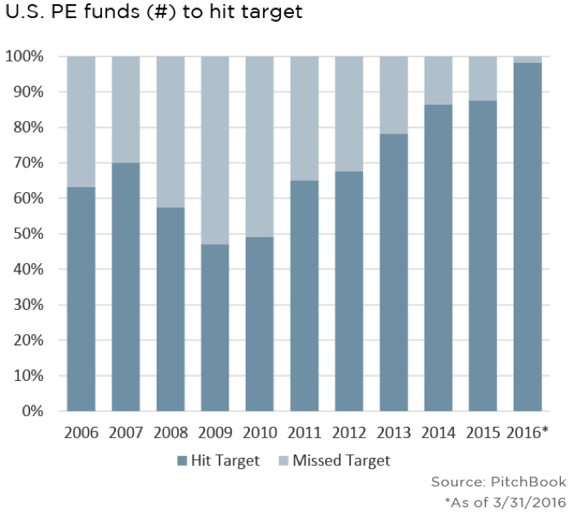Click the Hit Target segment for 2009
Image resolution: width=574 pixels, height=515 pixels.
click(216, 328)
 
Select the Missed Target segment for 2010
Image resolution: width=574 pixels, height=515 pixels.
click(260, 146)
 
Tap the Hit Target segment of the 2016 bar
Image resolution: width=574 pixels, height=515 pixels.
click(527, 237)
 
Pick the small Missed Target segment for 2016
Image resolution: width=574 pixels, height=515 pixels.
click(527, 60)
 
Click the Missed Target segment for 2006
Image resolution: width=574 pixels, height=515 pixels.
click(82, 122)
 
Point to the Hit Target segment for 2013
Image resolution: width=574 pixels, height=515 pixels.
click(394, 272)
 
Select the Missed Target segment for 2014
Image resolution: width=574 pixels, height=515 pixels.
click(438, 81)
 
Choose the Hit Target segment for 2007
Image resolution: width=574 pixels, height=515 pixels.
click(126, 287)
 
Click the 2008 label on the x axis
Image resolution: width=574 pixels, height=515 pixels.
click(171, 432)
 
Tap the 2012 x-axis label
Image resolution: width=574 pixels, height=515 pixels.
click(349, 432)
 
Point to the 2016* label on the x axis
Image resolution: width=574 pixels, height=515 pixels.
click(527, 432)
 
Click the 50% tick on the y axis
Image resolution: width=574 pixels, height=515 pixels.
click(29, 234)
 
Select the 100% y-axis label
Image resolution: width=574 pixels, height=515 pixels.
click(24, 56)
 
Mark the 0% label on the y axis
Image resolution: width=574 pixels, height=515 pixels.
click(33, 411)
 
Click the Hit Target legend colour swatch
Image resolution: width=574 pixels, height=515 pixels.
click(182, 461)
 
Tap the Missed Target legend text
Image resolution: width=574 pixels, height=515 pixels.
click(341, 461)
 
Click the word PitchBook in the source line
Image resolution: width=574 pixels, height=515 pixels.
click(528, 481)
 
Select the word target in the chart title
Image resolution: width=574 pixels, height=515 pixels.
click(274, 12)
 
